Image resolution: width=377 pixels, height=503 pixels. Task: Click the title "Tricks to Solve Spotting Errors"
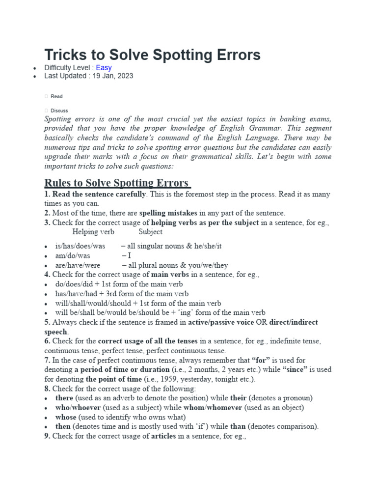152,55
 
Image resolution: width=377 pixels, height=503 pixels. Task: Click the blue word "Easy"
104,68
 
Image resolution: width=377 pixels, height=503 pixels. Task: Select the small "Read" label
56,96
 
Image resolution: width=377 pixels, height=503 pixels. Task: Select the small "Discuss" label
59,111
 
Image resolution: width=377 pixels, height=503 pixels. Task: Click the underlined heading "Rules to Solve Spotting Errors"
117,183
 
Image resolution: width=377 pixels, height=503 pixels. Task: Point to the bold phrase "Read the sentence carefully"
99,195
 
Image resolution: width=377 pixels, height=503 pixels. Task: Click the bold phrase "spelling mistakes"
168,213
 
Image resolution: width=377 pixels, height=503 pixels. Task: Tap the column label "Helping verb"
92,232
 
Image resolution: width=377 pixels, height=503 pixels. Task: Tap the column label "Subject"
150,232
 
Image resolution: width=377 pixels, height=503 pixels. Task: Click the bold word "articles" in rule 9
163,436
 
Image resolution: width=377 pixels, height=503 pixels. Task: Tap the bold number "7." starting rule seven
48,360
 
